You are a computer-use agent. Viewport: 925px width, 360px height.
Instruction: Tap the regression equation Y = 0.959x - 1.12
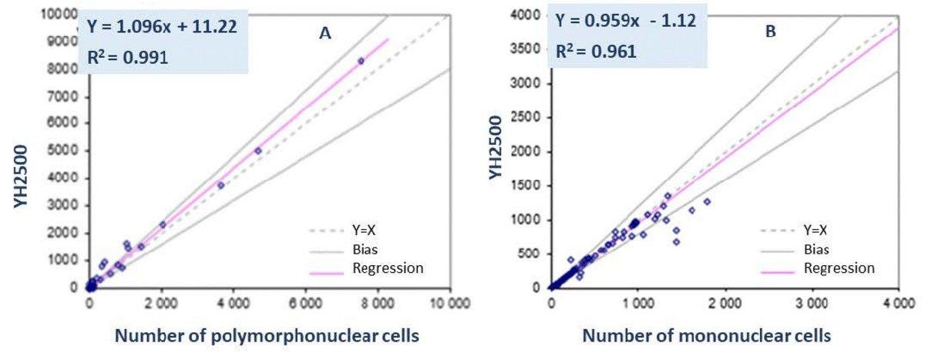click(626, 22)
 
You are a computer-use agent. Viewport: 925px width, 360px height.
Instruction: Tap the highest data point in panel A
click(360, 61)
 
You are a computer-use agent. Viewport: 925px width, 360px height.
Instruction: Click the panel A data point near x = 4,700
click(257, 151)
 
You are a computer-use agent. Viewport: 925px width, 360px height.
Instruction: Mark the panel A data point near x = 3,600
click(220, 185)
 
